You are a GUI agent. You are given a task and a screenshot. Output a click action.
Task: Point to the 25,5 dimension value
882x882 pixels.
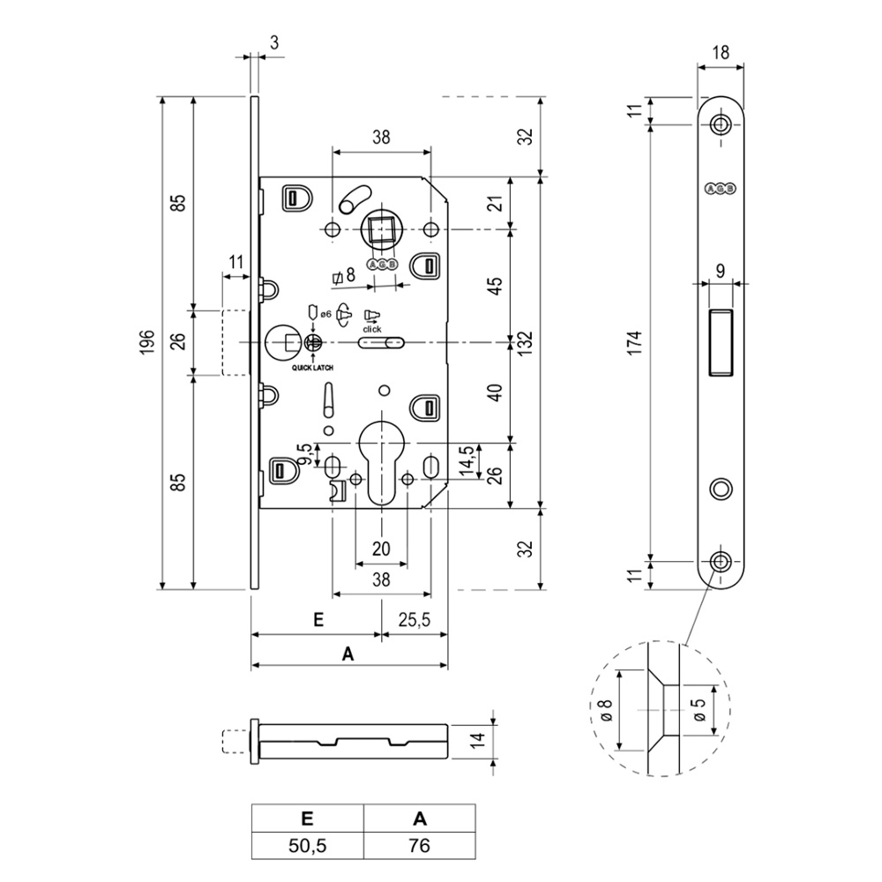413,621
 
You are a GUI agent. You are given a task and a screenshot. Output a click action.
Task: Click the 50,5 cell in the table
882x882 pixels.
308,846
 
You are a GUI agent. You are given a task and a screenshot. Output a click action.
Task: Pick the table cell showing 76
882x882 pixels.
420,846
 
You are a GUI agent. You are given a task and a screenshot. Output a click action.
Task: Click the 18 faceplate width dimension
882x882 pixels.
721,52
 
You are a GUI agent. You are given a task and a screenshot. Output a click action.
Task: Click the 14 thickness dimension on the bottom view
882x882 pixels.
476,739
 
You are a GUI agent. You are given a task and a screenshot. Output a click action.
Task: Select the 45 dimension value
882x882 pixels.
496,286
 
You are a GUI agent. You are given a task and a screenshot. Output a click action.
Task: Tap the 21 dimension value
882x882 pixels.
496,203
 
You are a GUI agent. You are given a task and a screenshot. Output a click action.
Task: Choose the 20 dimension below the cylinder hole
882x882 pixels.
381,549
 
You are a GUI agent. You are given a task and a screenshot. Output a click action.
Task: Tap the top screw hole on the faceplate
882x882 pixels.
722,123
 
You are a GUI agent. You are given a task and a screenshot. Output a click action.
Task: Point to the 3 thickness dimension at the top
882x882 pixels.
274,41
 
